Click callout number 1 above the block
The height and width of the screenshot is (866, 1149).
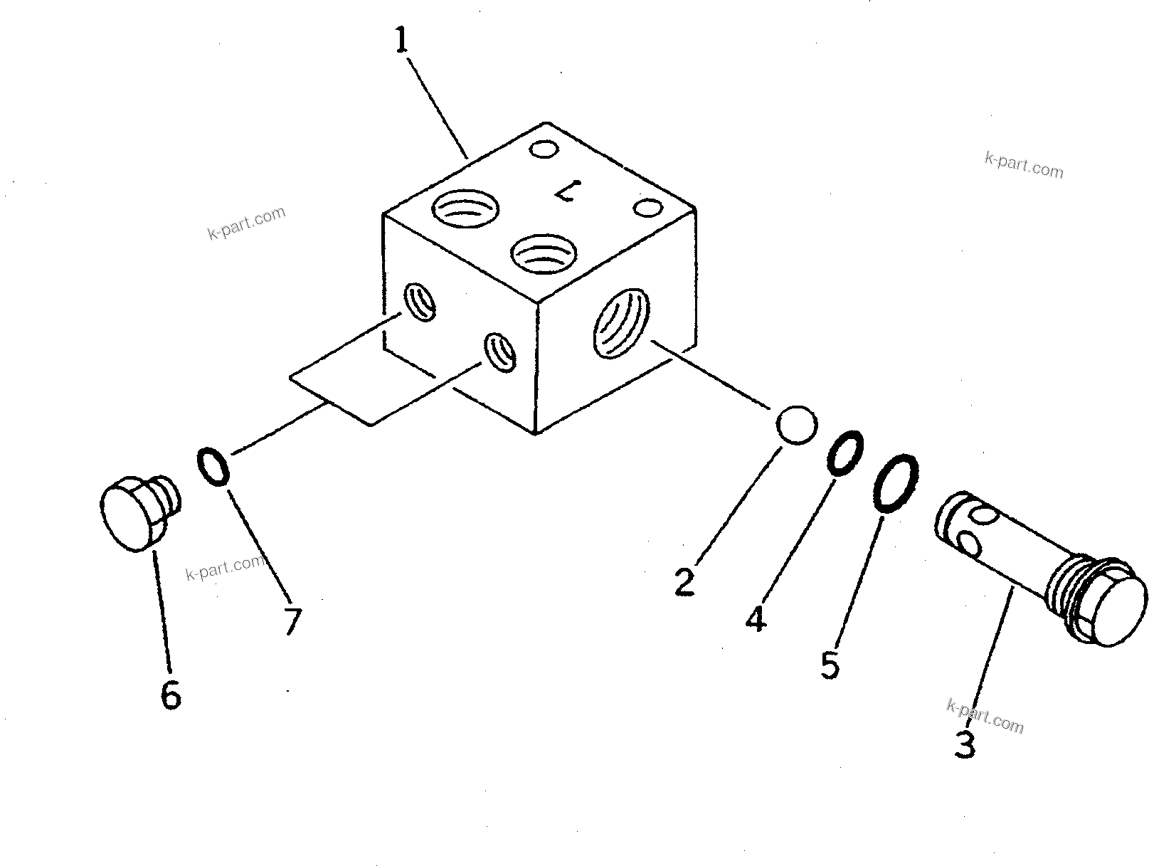click(x=402, y=41)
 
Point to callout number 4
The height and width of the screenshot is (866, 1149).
click(x=756, y=618)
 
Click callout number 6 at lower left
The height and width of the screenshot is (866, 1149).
click(x=170, y=695)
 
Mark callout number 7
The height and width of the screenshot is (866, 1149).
click(x=292, y=621)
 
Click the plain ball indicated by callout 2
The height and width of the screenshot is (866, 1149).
click(x=796, y=426)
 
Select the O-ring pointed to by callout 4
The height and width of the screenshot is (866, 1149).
click(x=845, y=452)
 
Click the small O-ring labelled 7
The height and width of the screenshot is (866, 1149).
click(x=212, y=466)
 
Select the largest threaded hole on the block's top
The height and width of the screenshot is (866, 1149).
click(x=465, y=209)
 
